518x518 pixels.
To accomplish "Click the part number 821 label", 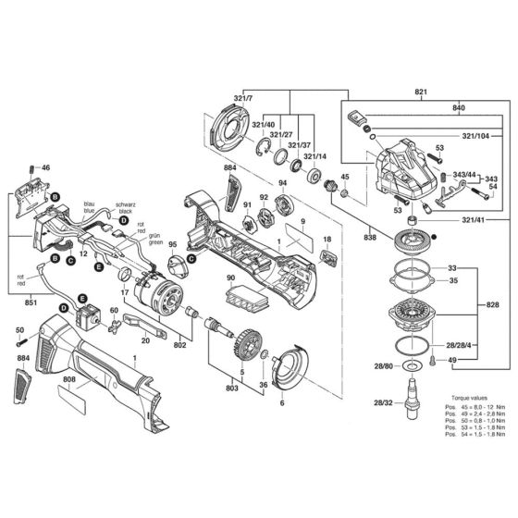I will point(421,93).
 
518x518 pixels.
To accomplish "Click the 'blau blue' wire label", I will point(90,206).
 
